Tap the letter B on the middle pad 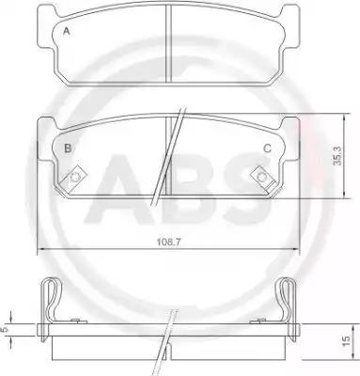67,148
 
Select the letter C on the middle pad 267,148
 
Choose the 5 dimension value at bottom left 7,330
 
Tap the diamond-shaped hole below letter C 260,174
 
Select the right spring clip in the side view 289,301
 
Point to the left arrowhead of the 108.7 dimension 39,247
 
